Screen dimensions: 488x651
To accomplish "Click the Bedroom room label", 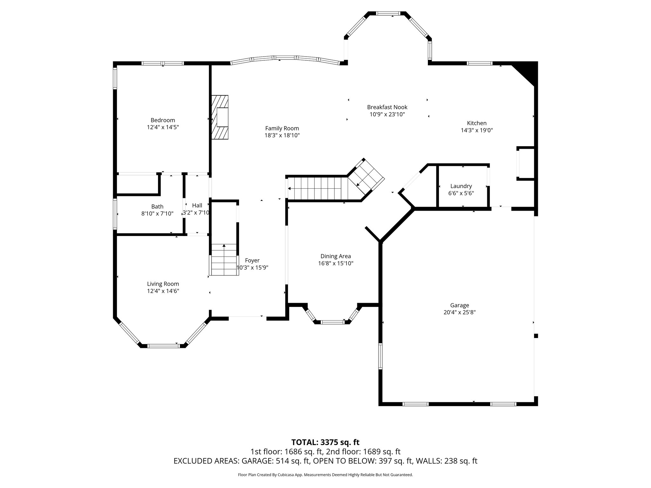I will pos(163,120).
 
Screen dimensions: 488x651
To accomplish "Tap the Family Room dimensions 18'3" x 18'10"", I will pos(282,135).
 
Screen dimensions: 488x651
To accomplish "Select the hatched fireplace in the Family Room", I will pos(220,117).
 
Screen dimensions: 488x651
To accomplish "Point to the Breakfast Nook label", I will pos(387,107).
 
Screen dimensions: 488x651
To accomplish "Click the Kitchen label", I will pos(476,123).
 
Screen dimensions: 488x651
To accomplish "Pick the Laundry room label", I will pos(461,186).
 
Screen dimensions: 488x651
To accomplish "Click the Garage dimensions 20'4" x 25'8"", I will pos(459,312).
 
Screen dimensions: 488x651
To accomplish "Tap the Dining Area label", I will pos(335,256).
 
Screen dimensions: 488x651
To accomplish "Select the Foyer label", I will pos(252,261).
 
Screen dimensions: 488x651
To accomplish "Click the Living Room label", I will pos(163,284).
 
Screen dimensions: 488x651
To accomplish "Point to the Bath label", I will pos(157,207).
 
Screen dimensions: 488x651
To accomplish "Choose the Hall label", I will pos(197,206).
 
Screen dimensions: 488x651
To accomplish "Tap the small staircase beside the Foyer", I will pos(224,260).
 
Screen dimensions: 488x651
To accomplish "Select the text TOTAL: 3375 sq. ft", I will pos(325,442).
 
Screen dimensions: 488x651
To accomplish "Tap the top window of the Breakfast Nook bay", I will pos(387,13).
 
